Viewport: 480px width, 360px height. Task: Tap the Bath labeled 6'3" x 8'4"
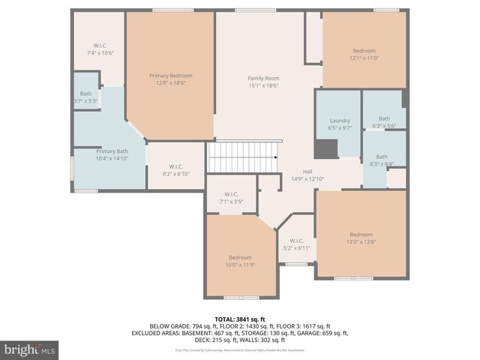click(x=383, y=160)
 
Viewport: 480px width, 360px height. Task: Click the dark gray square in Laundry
click(x=325, y=148)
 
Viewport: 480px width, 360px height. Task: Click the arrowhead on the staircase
click(x=276, y=157)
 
